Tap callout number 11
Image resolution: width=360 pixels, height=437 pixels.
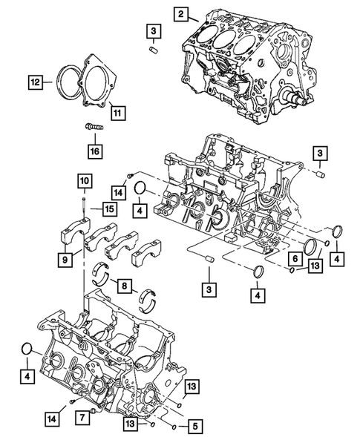tap(116, 112)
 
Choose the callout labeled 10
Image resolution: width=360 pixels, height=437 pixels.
tap(83, 180)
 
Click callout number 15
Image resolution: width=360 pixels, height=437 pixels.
tap(108, 209)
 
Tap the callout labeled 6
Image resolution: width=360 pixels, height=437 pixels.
tap(295, 257)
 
